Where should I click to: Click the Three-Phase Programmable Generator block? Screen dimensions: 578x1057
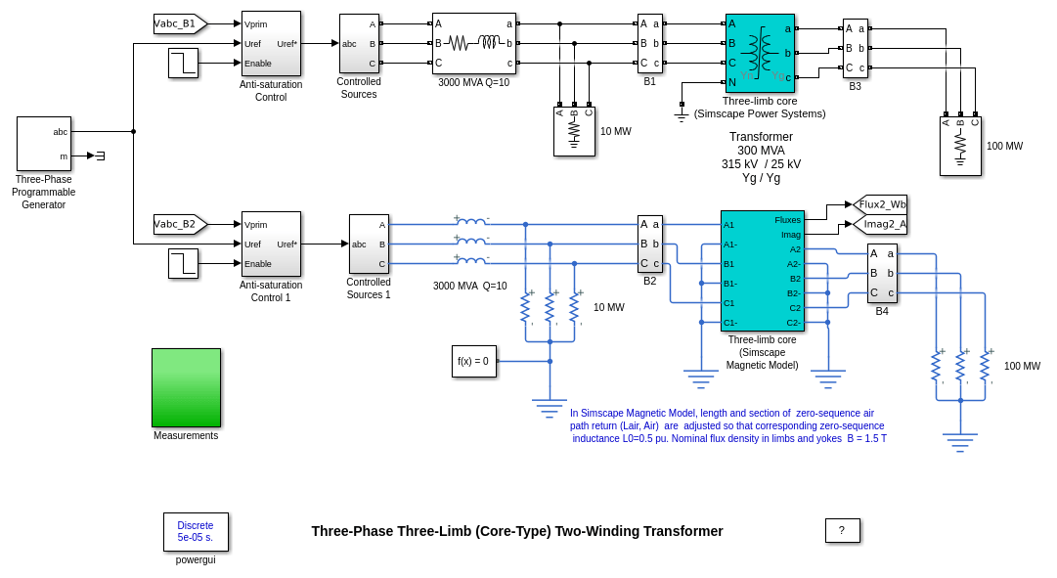(44, 144)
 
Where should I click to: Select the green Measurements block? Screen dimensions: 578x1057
(186, 387)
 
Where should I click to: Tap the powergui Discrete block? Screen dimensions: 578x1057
(196, 532)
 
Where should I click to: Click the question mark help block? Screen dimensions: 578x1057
(842, 531)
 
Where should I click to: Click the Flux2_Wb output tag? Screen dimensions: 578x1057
(881, 204)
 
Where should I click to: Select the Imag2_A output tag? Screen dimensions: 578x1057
(881, 224)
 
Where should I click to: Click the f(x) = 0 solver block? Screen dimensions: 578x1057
(473, 361)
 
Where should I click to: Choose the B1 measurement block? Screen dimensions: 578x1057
(650, 43)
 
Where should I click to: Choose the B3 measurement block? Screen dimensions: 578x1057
(856, 48)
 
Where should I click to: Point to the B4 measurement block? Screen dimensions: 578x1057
(882, 273)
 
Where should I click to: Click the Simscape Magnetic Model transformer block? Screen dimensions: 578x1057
(762, 271)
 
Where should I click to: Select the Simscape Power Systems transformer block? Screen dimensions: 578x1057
(760, 53)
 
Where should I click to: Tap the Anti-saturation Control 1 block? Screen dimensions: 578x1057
(271, 244)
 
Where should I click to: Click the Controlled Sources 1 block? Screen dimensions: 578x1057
(369, 244)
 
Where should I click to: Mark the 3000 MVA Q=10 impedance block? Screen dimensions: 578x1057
(474, 43)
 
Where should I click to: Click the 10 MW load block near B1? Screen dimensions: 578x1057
(574, 131)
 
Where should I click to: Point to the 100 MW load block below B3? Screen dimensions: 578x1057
(960, 146)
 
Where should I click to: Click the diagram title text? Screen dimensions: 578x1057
(517, 531)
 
